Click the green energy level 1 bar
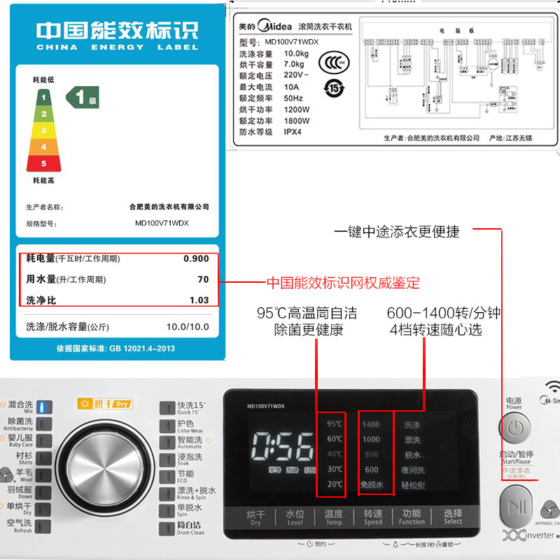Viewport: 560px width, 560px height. (43, 97)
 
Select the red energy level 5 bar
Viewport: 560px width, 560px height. (43, 163)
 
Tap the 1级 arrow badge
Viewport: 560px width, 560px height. (83, 97)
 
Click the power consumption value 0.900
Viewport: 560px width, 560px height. (196, 258)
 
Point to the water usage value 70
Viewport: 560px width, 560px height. (203, 279)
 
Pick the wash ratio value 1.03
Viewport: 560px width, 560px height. (199, 300)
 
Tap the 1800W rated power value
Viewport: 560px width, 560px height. (297, 120)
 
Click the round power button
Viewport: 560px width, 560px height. (514, 427)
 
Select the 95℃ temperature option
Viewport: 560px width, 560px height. (335, 423)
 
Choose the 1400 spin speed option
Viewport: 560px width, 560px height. (371, 423)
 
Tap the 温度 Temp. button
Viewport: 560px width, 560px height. (334, 517)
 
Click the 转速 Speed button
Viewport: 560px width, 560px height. (373, 517)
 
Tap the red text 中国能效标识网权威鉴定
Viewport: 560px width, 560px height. (343, 283)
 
